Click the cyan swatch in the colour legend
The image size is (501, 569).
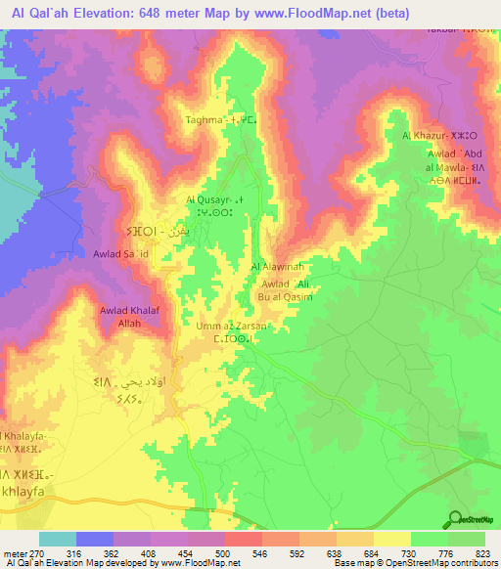pyautogui.click(x=58, y=539)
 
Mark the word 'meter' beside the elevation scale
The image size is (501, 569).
pyautogui.click(x=18, y=552)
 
